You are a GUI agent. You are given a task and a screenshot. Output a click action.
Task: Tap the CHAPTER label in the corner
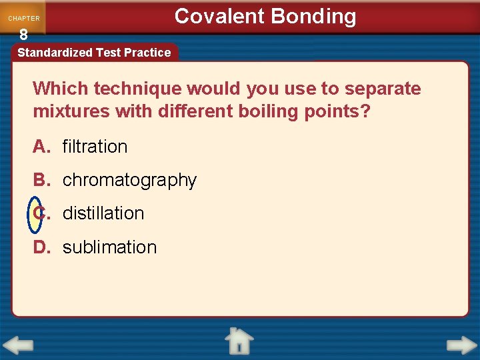click(x=24, y=19)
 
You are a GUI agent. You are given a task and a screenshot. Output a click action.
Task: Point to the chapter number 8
click(x=23, y=35)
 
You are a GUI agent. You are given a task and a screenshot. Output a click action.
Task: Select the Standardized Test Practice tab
click(x=94, y=52)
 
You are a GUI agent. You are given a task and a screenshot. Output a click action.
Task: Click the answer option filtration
click(x=95, y=147)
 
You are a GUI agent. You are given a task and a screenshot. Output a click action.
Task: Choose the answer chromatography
click(x=129, y=180)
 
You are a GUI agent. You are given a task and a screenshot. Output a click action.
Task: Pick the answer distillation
click(x=103, y=213)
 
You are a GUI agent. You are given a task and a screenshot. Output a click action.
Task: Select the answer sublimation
click(x=109, y=247)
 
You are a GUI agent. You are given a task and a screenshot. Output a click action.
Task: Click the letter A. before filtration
click(x=42, y=147)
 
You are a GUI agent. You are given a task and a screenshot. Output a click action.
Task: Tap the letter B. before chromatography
click(x=42, y=180)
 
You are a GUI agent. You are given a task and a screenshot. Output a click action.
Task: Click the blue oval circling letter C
click(x=35, y=214)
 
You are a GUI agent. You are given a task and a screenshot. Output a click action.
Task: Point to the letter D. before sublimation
click(x=42, y=247)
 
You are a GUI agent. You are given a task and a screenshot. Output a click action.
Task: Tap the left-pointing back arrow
click(x=18, y=345)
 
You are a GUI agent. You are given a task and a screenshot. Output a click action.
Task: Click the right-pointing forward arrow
click(x=461, y=345)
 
